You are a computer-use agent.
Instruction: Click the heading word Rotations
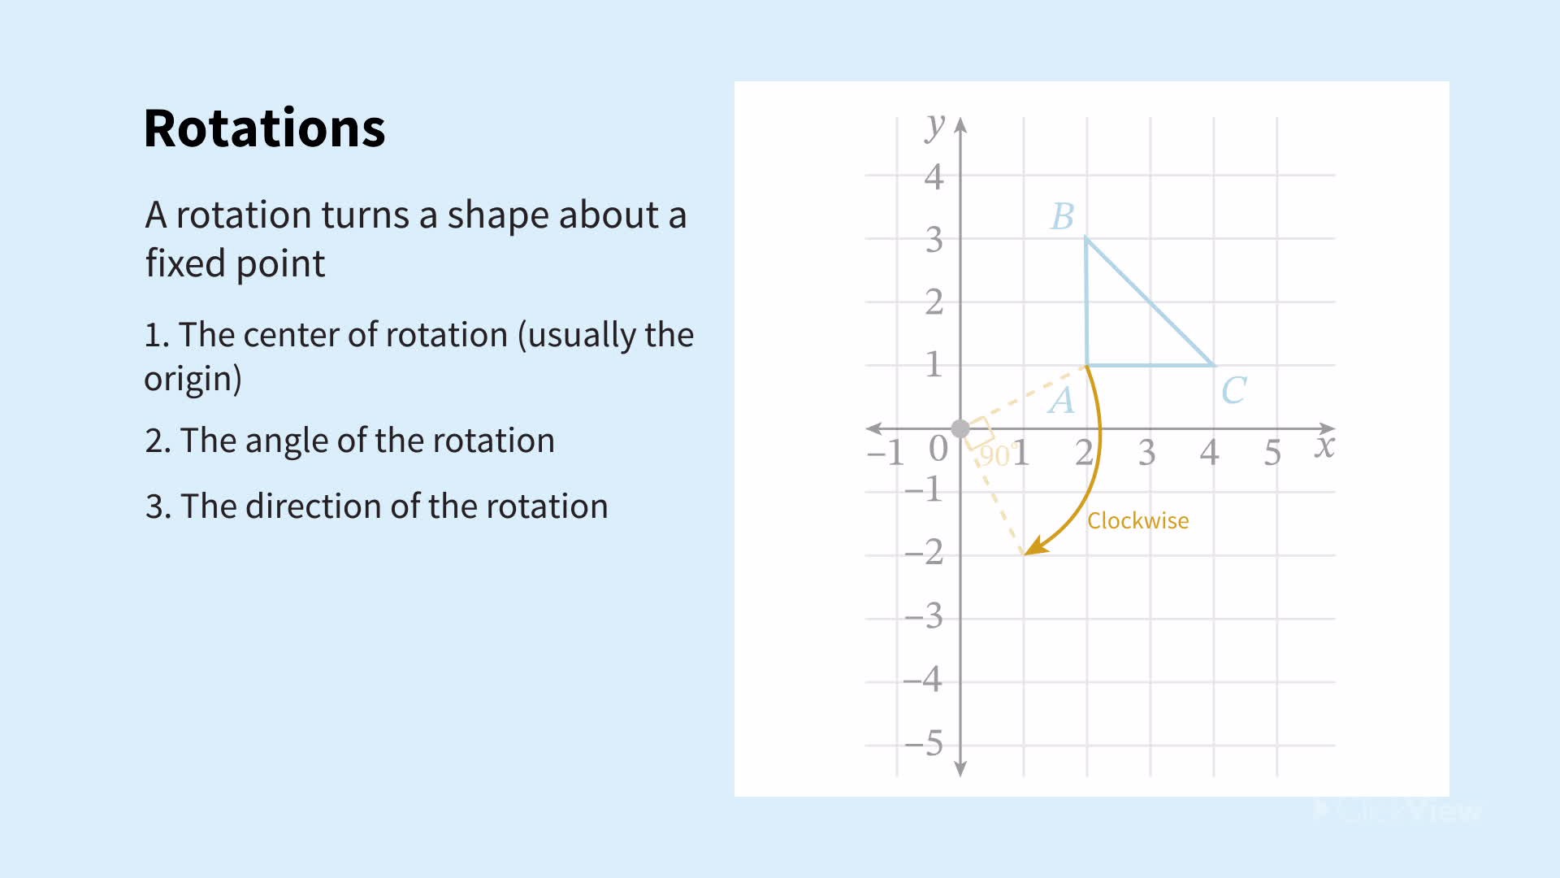[264, 128]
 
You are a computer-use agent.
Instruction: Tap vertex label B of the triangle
[1063, 217]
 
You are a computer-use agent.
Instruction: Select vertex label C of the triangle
[1233, 391]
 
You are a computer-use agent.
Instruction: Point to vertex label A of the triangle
[1061, 401]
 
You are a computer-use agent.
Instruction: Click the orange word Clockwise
[1137, 521]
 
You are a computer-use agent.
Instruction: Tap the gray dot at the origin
[960, 428]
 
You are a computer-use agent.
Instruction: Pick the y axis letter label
[935, 127]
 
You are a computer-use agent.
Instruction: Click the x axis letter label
[1324, 446]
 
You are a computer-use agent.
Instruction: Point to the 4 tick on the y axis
[934, 176]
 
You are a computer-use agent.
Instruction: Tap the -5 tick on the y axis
[924, 743]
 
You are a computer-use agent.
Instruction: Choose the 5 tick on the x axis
[1272, 453]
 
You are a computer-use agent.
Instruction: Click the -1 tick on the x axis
[886, 453]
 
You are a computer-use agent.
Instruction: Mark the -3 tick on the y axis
[924, 616]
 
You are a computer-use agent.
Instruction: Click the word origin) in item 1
[193, 379]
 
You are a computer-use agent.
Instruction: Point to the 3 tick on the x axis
[1146, 453]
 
